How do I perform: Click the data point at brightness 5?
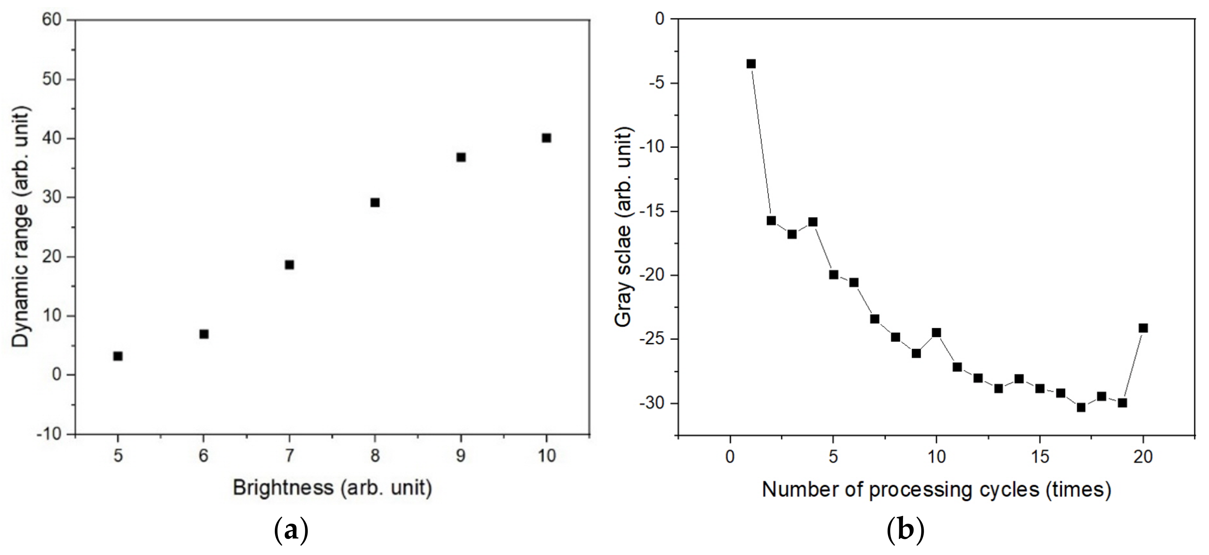pyautogui.click(x=118, y=356)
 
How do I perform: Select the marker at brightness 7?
pyautogui.click(x=289, y=265)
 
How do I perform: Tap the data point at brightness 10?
pyautogui.click(x=546, y=138)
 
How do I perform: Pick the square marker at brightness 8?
pyautogui.click(x=375, y=203)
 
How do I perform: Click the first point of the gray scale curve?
pyautogui.click(x=751, y=64)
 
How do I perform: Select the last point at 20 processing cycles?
pyautogui.click(x=1143, y=328)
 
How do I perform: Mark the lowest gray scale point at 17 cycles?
pyautogui.click(x=1081, y=407)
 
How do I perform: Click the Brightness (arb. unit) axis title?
pyautogui.click(x=332, y=488)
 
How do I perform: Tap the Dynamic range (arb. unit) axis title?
pyautogui.click(x=21, y=227)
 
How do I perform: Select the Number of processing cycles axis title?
pyautogui.click(x=936, y=490)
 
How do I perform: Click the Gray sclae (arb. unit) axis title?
pyautogui.click(x=624, y=228)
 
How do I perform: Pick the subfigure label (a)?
pyautogui.click(x=291, y=531)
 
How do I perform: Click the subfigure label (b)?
pyautogui.click(x=905, y=531)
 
